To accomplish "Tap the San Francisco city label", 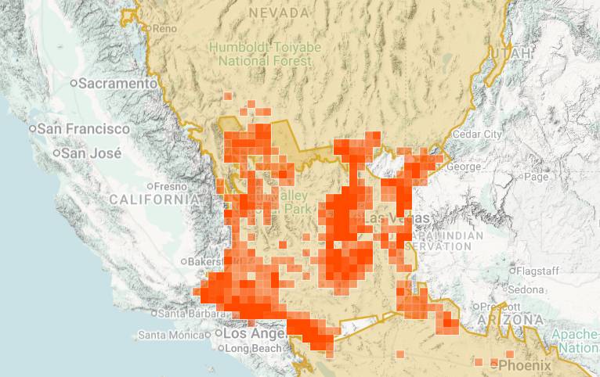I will [85, 128].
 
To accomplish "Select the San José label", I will [92, 153].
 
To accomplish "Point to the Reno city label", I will [164, 28].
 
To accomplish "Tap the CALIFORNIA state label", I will [154, 200].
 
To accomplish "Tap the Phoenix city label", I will [525, 365].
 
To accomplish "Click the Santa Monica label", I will [173, 336].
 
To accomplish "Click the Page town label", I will [536, 177].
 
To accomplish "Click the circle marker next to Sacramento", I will [74, 83].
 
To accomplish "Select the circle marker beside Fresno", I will [150, 186].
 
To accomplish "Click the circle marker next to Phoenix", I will [493, 365].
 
